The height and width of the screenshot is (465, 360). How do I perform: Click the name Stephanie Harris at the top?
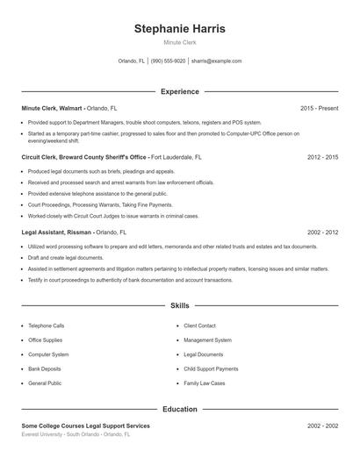(179, 29)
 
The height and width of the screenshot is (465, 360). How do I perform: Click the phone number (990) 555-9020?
(169, 61)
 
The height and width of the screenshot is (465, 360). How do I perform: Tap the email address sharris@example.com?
(216, 61)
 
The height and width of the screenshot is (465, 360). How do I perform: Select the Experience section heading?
(179, 91)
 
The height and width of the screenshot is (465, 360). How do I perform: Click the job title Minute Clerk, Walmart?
(53, 108)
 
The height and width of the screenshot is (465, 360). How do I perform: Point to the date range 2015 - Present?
(319, 108)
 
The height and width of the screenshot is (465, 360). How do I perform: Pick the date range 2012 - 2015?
(322, 157)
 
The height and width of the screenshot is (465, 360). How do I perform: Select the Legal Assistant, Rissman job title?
(56, 232)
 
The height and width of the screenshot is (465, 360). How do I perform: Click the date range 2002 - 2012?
(322, 232)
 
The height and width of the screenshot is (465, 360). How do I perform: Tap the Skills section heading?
(179, 306)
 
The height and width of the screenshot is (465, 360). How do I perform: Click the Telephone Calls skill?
(46, 325)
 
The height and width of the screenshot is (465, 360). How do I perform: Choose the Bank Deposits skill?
(44, 369)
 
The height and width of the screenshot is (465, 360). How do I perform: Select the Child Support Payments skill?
(211, 369)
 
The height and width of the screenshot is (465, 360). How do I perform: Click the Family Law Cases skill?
(205, 383)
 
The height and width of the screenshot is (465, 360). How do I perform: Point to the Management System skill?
(207, 340)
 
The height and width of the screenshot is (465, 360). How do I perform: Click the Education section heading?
(179, 409)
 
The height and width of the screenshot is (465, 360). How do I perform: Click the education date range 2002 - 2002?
(322, 426)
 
